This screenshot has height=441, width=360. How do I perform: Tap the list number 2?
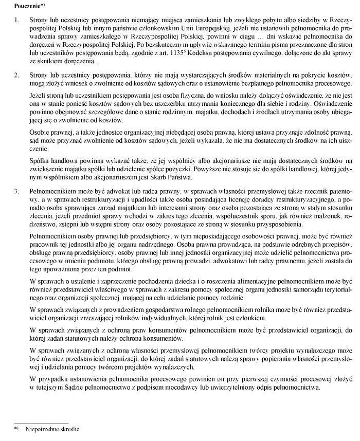[x=16, y=76]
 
